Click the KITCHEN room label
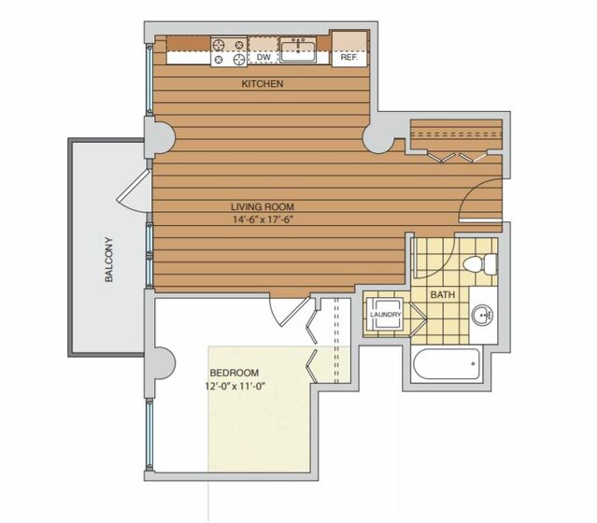pyautogui.click(x=263, y=84)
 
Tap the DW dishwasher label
pyautogui.click(x=263, y=57)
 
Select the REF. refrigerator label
pyautogui.click(x=349, y=58)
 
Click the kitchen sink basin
pyautogui.click(x=298, y=49)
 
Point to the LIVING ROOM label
pyautogui.click(x=263, y=206)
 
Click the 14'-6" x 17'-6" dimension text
pyautogui.click(x=263, y=219)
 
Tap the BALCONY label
pyautogui.click(x=109, y=260)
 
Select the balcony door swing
pyautogui.click(x=133, y=191)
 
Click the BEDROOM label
pyautogui.click(x=235, y=373)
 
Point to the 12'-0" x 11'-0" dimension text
pyautogui.click(x=235, y=387)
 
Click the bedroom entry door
pyautogui.click(x=291, y=311)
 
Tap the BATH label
pyautogui.click(x=443, y=294)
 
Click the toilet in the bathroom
pyautogui.click(x=480, y=263)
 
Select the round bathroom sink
pyautogui.click(x=482, y=315)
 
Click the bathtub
pyautogui.click(x=446, y=364)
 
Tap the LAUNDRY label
pyautogui.click(x=386, y=315)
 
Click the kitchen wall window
pyautogui.click(x=149, y=79)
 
